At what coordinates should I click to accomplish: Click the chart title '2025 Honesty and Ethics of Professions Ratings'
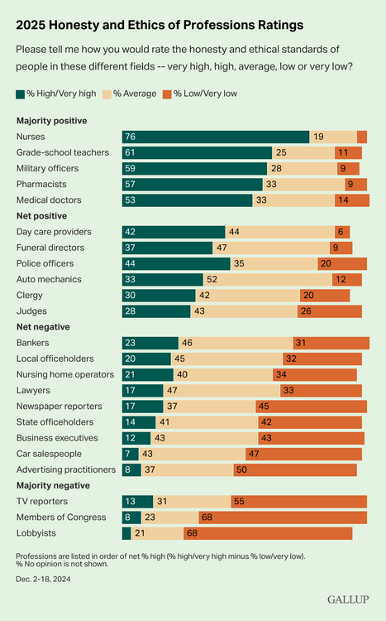pyautogui.click(x=160, y=25)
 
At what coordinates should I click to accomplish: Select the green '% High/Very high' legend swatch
pyautogui.click(x=21, y=94)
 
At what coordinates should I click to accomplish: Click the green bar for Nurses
pyautogui.click(x=216, y=137)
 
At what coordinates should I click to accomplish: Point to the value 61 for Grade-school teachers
pyautogui.click(x=131, y=153)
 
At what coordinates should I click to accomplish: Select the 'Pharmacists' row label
pyautogui.click(x=42, y=185)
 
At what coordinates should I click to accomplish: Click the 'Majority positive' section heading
pyautogui.click(x=52, y=121)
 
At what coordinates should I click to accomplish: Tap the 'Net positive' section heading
pyautogui.click(x=41, y=216)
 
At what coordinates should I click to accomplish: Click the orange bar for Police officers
pyautogui.click(x=342, y=263)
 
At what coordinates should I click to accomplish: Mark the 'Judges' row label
pyautogui.click(x=31, y=311)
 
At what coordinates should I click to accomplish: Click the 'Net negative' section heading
pyautogui.click(x=42, y=327)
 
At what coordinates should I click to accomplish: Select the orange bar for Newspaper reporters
pyautogui.click(x=312, y=407)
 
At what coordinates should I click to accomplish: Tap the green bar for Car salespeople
pyautogui.click(x=131, y=454)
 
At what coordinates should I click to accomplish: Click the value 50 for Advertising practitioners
pyautogui.click(x=264, y=469)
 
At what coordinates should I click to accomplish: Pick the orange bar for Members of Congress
pyautogui.click(x=283, y=517)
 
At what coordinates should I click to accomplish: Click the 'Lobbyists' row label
pyautogui.click(x=36, y=533)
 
